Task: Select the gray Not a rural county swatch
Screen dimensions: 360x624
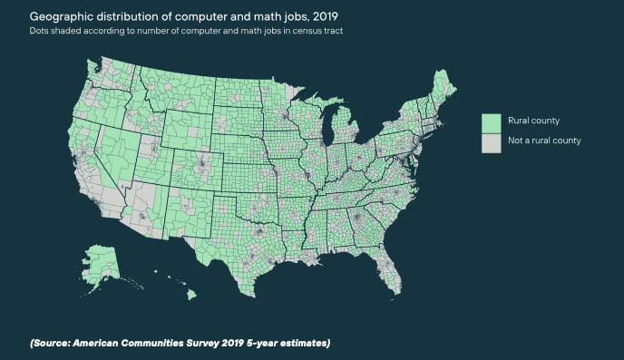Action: (x=491, y=141)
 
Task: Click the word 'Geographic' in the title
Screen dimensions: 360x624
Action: (x=58, y=17)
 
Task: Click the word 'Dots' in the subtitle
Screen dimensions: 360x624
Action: (x=40, y=32)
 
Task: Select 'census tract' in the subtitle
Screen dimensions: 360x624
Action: (x=321, y=32)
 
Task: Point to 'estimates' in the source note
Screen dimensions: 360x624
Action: (x=304, y=343)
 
